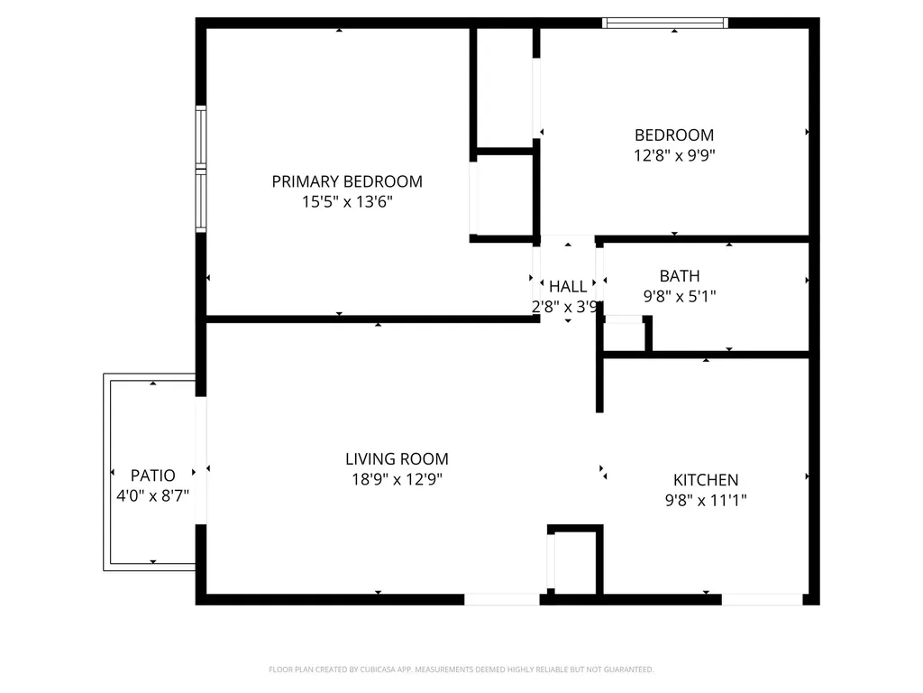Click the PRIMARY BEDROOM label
pyautogui.click(x=347, y=181)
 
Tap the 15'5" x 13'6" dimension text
pyautogui.click(x=347, y=202)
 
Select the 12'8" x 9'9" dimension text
pyautogui.click(x=674, y=155)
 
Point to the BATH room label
pyautogui.click(x=680, y=276)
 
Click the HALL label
pyautogui.click(x=568, y=286)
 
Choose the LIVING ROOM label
pyautogui.click(x=397, y=459)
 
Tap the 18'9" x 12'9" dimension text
pyautogui.click(x=397, y=480)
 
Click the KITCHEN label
pyautogui.click(x=705, y=480)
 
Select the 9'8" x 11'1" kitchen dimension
pyautogui.click(x=705, y=500)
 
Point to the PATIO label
pyautogui.click(x=152, y=476)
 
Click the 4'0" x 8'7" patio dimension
pyautogui.click(x=152, y=496)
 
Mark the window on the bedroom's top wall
pyautogui.click(x=665, y=23)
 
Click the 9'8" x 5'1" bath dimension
pyautogui.click(x=680, y=296)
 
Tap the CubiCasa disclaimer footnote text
pyautogui.click(x=461, y=670)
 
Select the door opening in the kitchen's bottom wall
pyautogui.click(x=762, y=600)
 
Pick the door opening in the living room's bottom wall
pyautogui.click(x=501, y=600)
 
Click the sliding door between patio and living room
pyautogui.click(x=201, y=460)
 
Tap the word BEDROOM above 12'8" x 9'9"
pyautogui.click(x=674, y=135)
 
